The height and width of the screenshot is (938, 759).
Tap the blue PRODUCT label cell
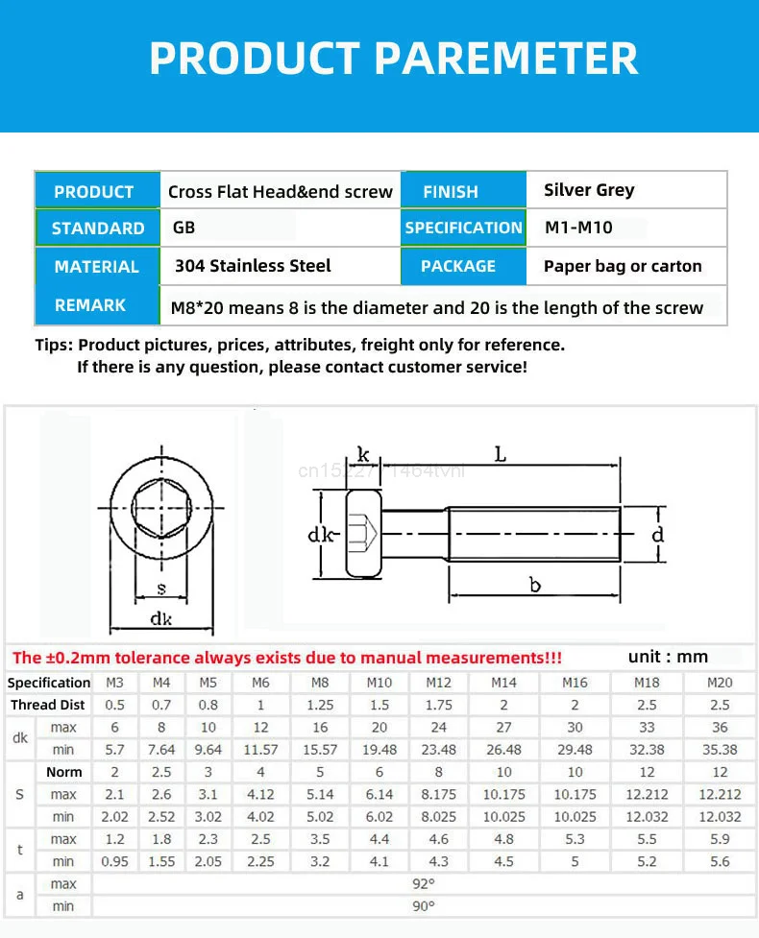(94, 191)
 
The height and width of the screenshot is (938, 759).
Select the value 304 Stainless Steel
(253, 266)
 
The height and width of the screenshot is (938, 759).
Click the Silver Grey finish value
(589, 190)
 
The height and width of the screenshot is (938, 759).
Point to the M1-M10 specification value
(578, 228)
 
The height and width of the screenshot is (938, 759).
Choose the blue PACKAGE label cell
(458, 266)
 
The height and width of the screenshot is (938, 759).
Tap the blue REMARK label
(90, 305)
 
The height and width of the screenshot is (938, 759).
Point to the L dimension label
(502, 455)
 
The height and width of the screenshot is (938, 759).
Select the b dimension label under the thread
(535, 586)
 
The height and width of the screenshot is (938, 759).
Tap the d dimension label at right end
(658, 535)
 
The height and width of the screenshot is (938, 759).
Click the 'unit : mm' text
(668, 657)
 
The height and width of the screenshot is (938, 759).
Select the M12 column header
(438, 683)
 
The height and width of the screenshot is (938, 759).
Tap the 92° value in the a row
(424, 883)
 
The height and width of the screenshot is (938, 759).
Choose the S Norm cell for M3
(114, 772)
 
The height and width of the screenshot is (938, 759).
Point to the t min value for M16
(575, 861)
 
